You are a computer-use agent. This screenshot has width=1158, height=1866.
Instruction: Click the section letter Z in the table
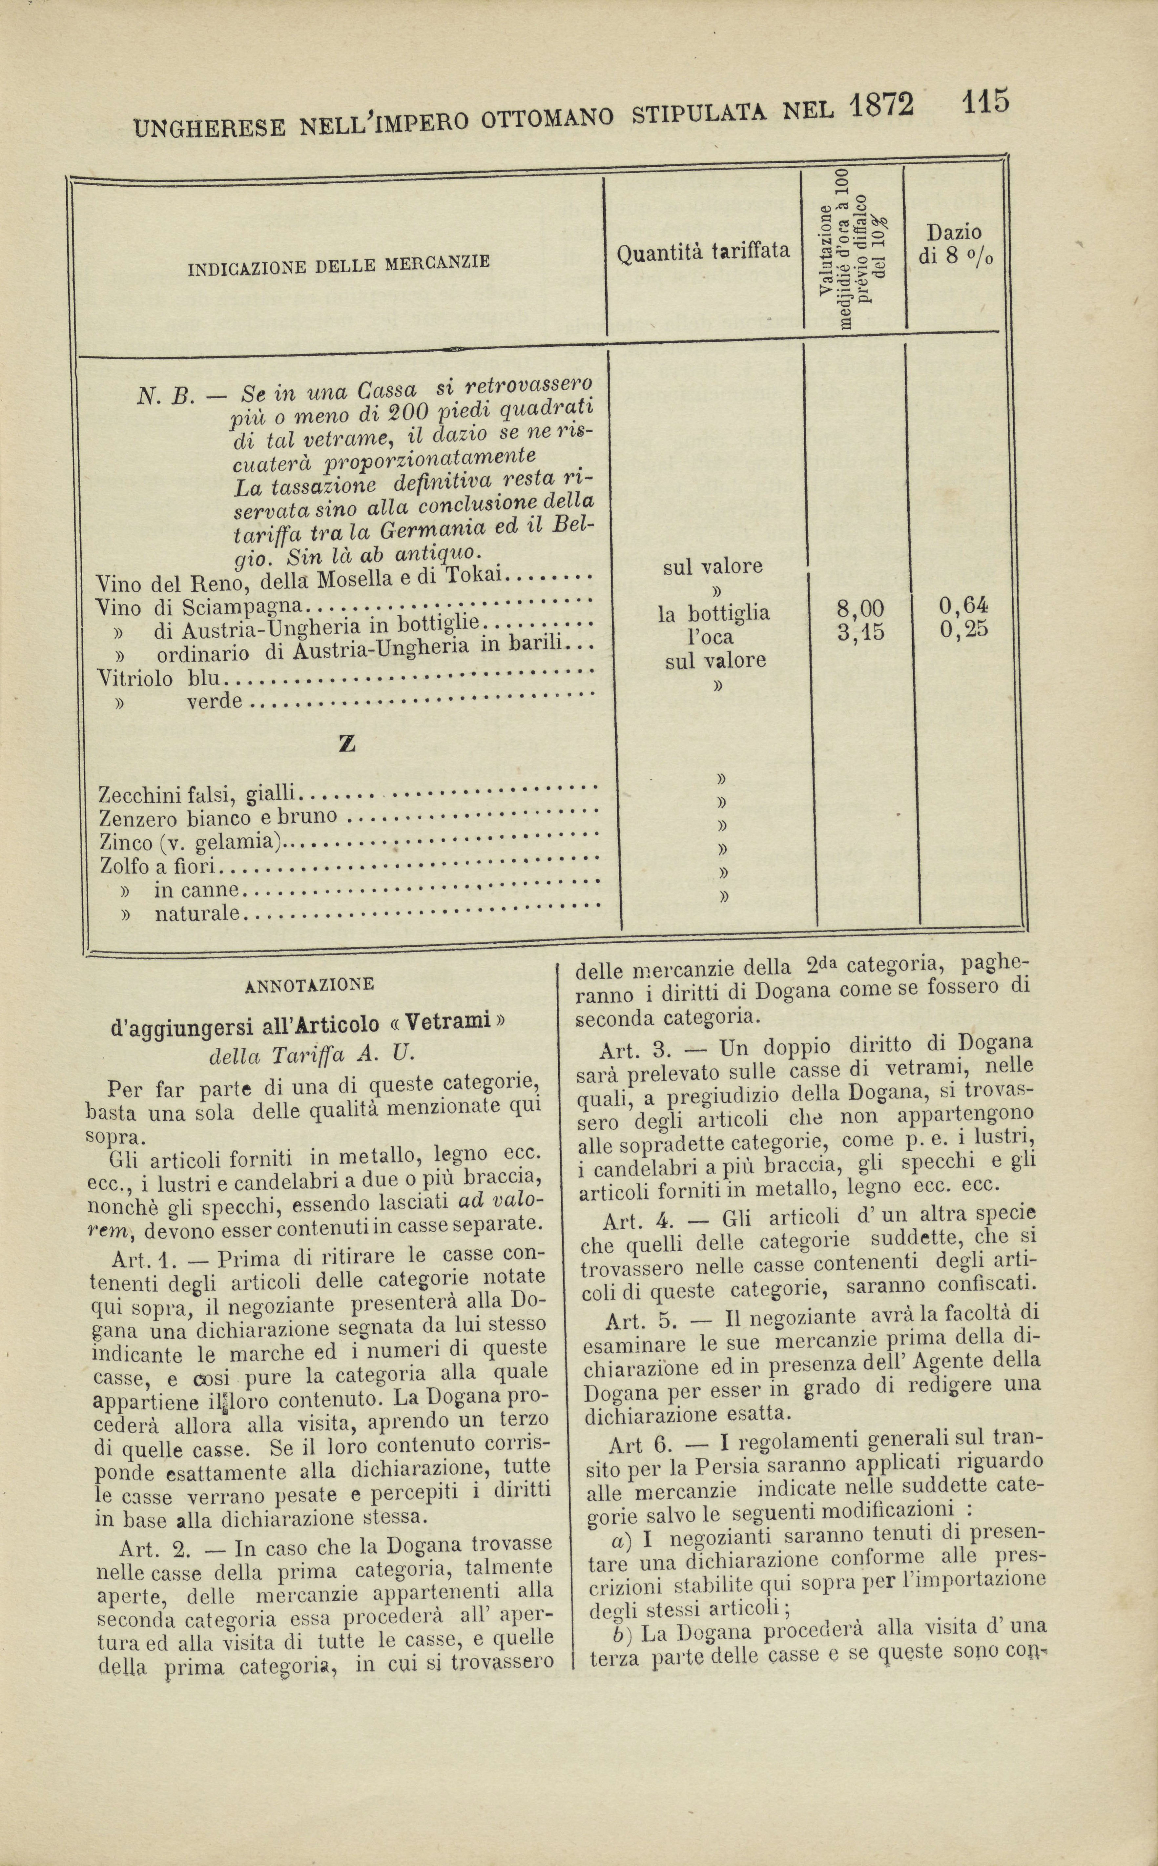[x=347, y=744]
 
